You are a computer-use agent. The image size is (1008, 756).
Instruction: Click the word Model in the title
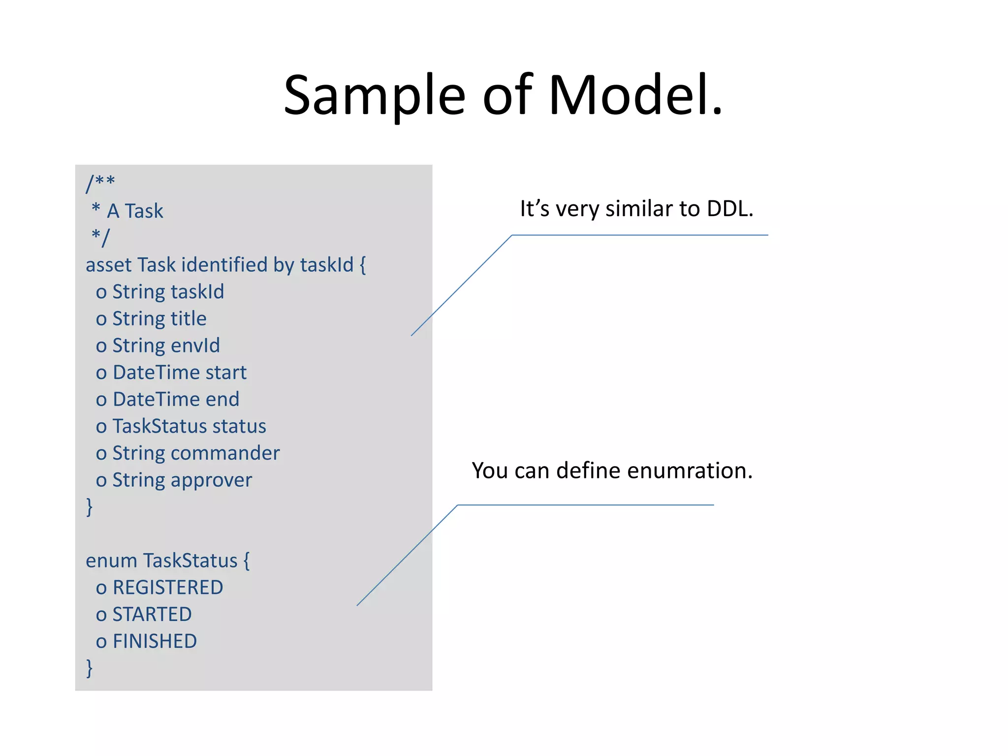(x=635, y=94)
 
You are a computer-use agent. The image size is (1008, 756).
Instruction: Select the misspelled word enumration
(x=690, y=471)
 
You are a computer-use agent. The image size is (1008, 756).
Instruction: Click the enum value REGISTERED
(x=168, y=588)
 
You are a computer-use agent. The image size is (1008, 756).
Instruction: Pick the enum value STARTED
(x=152, y=615)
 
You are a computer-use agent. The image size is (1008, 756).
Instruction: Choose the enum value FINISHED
(x=155, y=641)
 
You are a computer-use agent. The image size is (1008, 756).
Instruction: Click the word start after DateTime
(x=226, y=373)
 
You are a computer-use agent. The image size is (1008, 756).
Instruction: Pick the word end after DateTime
(x=222, y=399)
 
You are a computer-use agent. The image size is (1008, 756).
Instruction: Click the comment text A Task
(x=135, y=211)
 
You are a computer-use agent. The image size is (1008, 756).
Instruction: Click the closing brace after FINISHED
(x=89, y=668)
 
